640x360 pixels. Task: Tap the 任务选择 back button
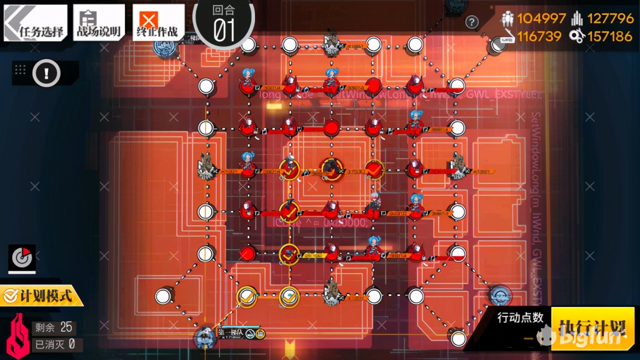pyautogui.click(x=36, y=23)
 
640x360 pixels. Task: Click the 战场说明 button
pyautogui.click(x=99, y=23)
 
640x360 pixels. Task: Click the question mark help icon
pyautogui.click(x=472, y=22)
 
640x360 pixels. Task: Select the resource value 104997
pyautogui.click(x=541, y=19)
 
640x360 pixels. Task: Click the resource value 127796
pyautogui.click(x=610, y=19)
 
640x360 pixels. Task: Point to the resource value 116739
pyautogui.click(x=539, y=36)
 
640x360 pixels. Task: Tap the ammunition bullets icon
pyautogui.click(x=577, y=19)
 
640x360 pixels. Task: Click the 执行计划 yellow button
pyautogui.click(x=592, y=327)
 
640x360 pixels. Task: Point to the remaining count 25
pyautogui.click(x=66, y=327)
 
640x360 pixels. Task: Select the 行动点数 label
pyautogui.click(x=520, y=318)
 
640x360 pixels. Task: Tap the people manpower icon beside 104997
pyautogui.click(x=507, y=19)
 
